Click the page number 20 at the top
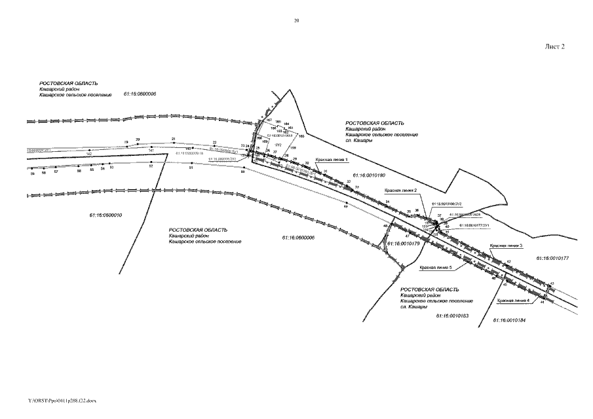coord(297,22)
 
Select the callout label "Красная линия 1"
coord(332,159)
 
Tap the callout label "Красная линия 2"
coord(401,190)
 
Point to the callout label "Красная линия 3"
coord(506,246)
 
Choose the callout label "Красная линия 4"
coord(514,301)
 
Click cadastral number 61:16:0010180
coord(370,175)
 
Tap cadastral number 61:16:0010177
coord(552,259)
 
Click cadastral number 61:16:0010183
coord(451,316)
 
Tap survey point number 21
coord(174,139)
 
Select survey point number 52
coord(151,166)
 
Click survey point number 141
coord(151,151)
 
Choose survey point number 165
coord(301,136)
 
